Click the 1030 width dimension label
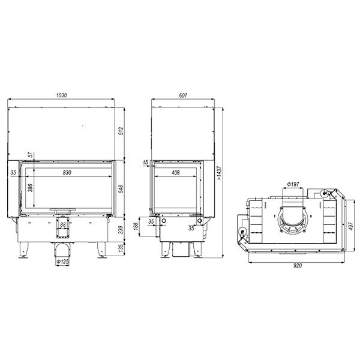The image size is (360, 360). tap(62, 95)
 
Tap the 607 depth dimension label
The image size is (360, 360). tap(183, 95)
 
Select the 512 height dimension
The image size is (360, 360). tap(121, 131)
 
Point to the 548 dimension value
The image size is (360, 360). tap(121, 189)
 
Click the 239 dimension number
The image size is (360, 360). tap(121, 230)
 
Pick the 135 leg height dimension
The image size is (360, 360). tap(121, 248)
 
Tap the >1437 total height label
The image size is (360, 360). tap(219, 173)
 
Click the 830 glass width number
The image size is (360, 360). tap(67, 172)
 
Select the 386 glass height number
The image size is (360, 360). tap(31, 188)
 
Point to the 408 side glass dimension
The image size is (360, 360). tap(176, 172)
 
